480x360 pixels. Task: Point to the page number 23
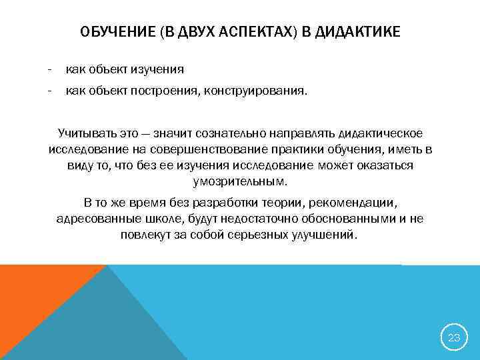click(454, 338)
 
